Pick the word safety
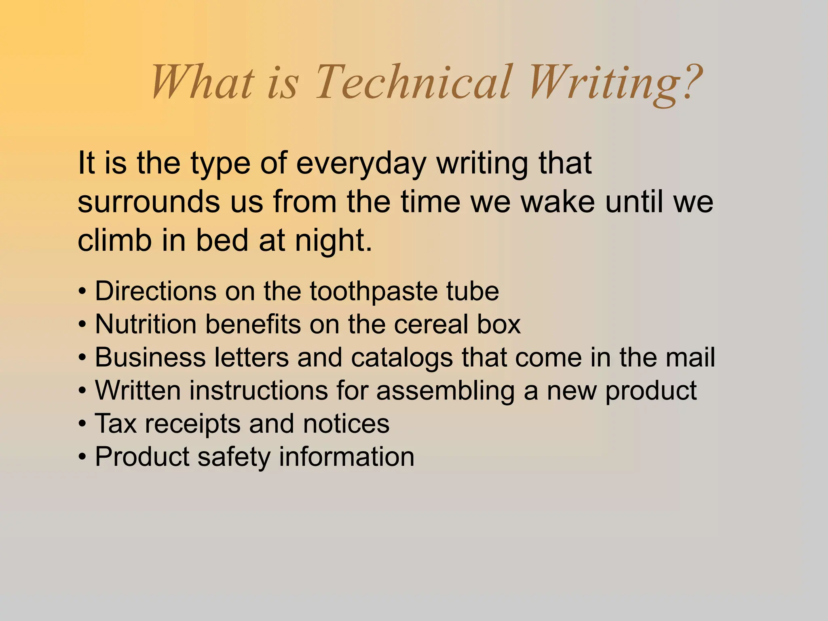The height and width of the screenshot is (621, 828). tap(233, 457)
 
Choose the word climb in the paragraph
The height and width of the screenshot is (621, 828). tap(114, 241)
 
